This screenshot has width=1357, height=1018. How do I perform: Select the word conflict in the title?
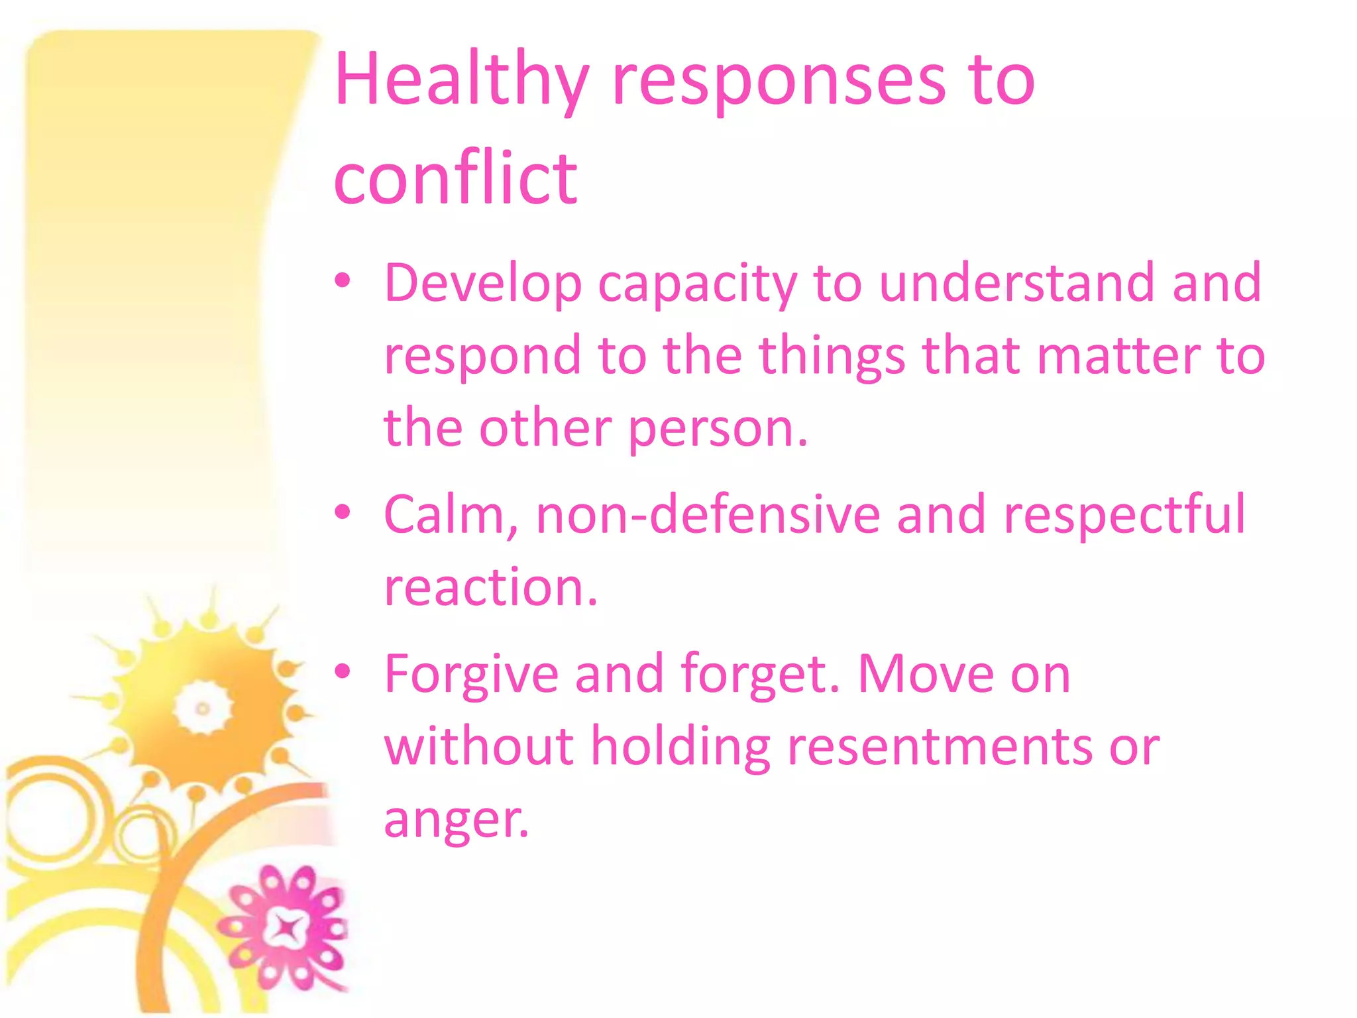tap(455, 178)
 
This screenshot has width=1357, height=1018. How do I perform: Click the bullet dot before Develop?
tap(343, 281)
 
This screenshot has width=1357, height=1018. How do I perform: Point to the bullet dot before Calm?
tap(343, 512)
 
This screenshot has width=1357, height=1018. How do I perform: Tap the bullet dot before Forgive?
tap(343, 671)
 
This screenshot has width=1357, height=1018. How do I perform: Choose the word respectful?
tap(1124, 516)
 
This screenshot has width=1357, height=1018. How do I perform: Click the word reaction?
tap(490, 588)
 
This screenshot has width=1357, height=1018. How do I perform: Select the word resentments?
tap(940, 747)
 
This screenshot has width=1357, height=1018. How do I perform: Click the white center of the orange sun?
tap(203, 708)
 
